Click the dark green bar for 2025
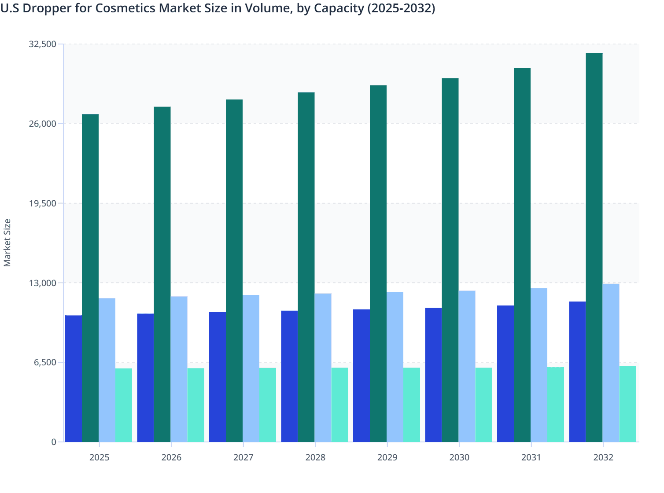(90, 278)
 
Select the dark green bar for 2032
(594, 247)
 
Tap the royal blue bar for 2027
(218, 377)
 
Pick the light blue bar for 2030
(467, 366)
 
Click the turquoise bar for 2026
(196, 405)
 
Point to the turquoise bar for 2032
(627, 404)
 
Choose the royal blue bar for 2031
(505, 373)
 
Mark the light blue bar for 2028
(323, 368)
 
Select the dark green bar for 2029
(378, 263)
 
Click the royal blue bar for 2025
(74, 379)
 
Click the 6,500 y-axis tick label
(45, 362)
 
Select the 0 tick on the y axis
(54, 442)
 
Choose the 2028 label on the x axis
(315, 457)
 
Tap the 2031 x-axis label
(531, 457)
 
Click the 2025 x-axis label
(99, 457)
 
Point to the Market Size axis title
(7, 243)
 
